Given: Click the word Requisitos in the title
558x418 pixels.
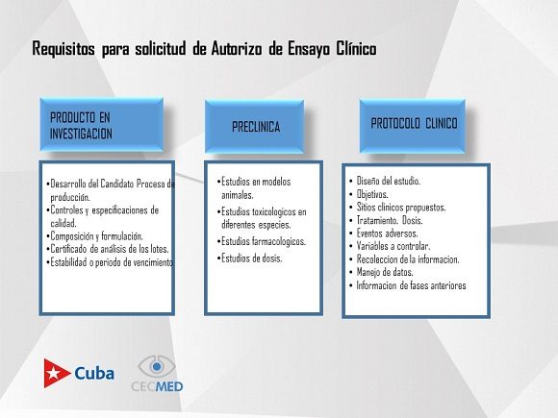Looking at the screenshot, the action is pos(63,49).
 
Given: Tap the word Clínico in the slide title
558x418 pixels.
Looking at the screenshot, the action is pos(357,48).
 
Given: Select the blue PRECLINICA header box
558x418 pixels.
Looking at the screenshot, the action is pos(254,127).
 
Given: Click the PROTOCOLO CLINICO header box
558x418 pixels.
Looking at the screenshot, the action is pos(413,126).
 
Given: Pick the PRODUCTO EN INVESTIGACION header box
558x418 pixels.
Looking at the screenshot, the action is pos(102,124).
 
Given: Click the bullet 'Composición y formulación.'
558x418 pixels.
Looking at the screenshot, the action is pos(94,236).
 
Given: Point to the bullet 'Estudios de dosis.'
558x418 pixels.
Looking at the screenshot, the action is pos(249,258).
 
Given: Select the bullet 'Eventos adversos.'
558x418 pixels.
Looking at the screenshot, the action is pos(383,234).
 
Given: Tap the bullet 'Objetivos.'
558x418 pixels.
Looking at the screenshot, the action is pos(368,194).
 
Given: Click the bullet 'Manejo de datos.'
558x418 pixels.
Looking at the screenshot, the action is pos(381,272).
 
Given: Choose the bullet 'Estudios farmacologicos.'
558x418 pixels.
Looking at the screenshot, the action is pos(262,241).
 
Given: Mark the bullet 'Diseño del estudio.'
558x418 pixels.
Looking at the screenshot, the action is pos(384,181).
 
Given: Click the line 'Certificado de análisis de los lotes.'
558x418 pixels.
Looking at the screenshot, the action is pos(108,249).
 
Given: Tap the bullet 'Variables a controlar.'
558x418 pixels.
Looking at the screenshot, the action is pos(390,246).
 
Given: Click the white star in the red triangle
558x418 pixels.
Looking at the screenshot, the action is pos(54,373).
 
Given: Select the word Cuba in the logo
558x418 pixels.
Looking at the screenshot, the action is pos(94,373).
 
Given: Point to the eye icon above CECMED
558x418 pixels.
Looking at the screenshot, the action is pos(157,366).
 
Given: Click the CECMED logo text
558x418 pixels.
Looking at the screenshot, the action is pos(157,386).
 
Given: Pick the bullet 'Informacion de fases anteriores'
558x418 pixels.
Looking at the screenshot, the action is pos(408,285).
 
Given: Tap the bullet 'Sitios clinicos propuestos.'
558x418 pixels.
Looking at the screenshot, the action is pos(397,208).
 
